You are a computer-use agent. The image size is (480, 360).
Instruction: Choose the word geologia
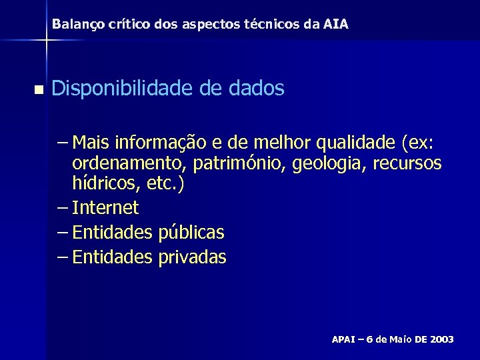323,164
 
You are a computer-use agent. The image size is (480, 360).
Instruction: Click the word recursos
409,164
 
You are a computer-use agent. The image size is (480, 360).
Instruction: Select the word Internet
105,208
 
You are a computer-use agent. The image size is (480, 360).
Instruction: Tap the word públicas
191,233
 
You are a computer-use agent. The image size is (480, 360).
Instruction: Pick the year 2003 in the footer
442,340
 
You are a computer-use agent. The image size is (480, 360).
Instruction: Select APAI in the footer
345,340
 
